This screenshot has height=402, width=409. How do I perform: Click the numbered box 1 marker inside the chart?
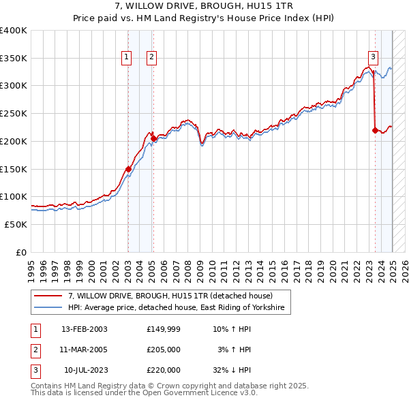click(127, 58)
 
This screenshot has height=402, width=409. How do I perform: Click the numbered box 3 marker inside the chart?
click(373, 58)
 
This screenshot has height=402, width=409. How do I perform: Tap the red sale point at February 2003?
click(128, 168)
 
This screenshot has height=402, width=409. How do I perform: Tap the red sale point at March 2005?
click(153, 138)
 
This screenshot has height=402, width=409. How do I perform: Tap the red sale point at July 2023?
click(375, 129)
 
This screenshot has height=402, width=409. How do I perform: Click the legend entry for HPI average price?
click(179, 308)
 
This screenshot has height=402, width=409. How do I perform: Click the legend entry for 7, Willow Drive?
click(170, 296)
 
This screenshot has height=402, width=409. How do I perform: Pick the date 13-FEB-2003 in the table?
click(84, 330)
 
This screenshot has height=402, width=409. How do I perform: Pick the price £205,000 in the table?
click(164, 350)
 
